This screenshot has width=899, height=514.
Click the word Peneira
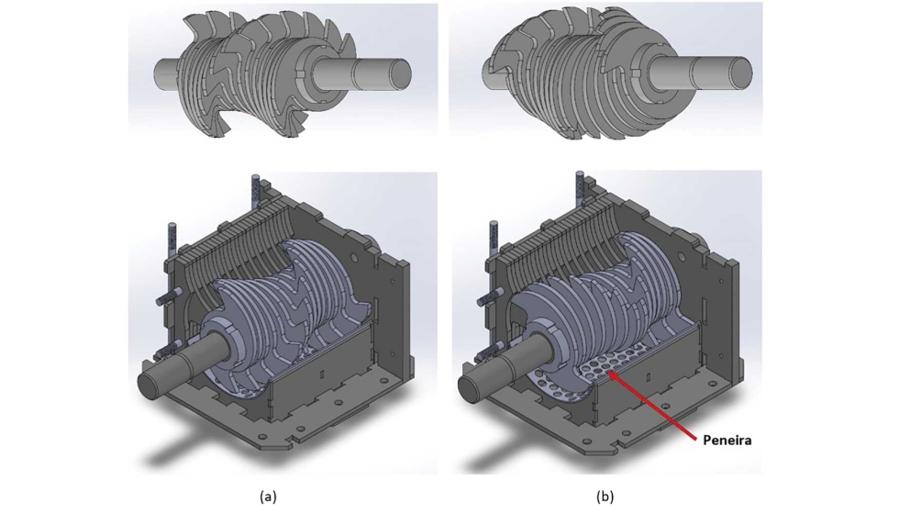(x=727, y=441)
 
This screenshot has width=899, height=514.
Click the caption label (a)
(x=268, y=497)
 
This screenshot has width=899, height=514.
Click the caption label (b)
(x=605, y=497)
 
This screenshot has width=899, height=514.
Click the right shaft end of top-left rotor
(x=381, y=73)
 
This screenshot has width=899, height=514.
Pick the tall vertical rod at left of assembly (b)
(x=492, y=240)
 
